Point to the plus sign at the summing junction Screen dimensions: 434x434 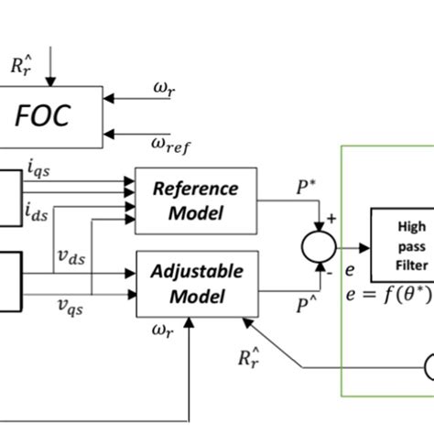coord(332,221)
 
